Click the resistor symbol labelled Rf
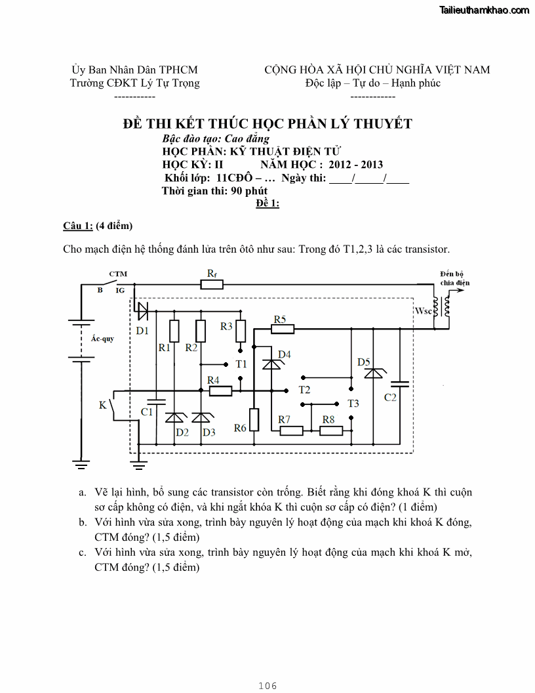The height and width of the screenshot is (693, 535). [212, 284]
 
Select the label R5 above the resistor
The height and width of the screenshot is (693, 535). [280, 319]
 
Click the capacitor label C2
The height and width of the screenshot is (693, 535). [390, 398]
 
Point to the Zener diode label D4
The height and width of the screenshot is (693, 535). [284, 354]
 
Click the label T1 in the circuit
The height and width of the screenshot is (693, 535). [241, 364]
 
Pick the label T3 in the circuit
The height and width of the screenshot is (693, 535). [353, 403]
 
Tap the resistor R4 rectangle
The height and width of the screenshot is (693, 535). [220, 391]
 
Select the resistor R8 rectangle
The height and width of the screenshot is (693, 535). [331, 430]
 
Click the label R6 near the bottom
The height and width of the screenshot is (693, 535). [240, 428]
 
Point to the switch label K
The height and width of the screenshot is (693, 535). [102, 406]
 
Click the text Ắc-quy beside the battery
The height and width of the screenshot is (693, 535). [102, 339]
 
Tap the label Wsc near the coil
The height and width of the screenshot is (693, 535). [424, 310]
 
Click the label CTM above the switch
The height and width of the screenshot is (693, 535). [118, 274]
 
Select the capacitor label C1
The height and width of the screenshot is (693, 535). [147, 411]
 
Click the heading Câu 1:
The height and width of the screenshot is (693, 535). [77, 226]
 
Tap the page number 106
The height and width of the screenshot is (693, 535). [267, 686]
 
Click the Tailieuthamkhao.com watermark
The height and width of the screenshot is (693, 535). [484, 10]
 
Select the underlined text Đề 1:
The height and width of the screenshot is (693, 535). [267, 203]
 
